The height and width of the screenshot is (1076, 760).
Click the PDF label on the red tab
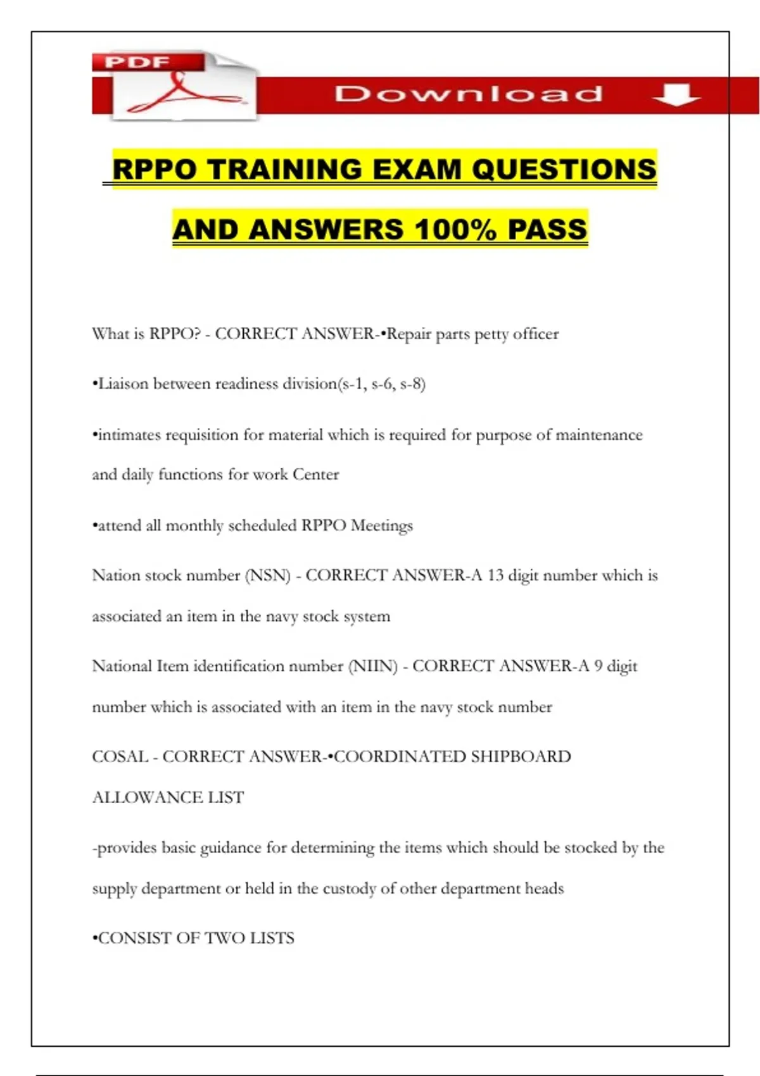137,62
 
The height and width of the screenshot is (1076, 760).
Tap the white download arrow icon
676,95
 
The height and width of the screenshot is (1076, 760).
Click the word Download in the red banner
469,94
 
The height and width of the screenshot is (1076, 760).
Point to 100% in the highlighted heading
456,229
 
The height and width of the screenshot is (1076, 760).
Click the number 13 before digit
495,575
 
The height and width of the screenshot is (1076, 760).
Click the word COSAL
120,756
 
